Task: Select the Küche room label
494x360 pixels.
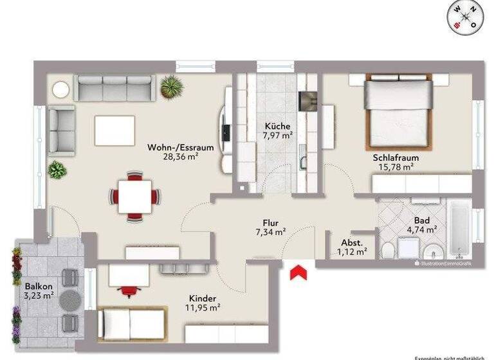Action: pos(277,126)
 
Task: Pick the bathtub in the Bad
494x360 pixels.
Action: pos(459,232)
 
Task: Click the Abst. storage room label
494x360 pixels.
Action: pos(352,242)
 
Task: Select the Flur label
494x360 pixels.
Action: pos(270,222)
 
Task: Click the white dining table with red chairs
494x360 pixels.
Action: pos(135,194)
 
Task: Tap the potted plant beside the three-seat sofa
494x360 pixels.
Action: pos(171,87)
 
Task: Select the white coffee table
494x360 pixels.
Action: pos(114,130)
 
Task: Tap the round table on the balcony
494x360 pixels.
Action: pos(71,299)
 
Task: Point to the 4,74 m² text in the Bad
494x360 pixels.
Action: pos(421,228)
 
